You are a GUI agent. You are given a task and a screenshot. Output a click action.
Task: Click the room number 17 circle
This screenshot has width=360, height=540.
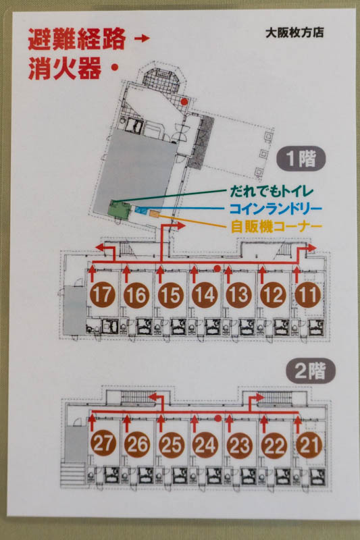pos(102,295)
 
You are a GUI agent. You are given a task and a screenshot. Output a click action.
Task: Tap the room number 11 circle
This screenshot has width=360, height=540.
pos(307,295)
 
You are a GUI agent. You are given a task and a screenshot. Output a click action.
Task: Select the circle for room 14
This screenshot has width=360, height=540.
pos(205,295)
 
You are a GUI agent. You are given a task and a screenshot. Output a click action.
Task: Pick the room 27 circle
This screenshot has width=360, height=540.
pos(103,445)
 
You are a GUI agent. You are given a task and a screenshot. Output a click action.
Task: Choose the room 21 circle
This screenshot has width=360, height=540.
pos(309,445)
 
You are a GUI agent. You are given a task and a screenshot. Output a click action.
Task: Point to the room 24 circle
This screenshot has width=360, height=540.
pos(205,445)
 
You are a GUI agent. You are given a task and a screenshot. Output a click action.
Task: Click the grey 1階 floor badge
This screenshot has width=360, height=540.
pos(301,159)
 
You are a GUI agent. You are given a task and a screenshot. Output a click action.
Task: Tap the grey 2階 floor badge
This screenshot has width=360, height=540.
pos(311,371)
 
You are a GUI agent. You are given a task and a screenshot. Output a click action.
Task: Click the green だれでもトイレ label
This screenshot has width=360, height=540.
pos(272,191)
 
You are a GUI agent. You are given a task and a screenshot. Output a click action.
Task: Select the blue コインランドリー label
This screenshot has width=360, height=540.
pos(276,209)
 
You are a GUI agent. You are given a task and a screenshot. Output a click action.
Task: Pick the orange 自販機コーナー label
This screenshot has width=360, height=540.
pos(276,226)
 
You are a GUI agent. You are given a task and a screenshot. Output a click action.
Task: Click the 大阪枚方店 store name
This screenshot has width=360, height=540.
pos(294,32)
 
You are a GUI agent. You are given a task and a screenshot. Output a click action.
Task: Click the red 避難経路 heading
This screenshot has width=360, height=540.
pos(76,39)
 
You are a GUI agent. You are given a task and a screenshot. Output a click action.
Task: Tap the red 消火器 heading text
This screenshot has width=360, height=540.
pos(65,68)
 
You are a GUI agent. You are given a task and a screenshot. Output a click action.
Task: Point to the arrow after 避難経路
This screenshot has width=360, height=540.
pos(142,38)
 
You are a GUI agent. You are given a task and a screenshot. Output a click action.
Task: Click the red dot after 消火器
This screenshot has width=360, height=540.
pos(115,68)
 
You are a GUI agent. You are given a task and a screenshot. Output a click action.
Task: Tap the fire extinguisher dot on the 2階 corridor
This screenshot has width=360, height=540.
pos(217,418)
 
